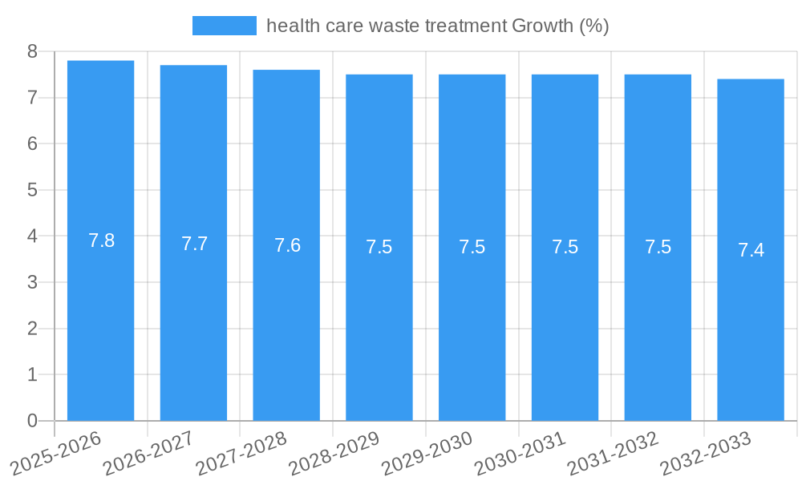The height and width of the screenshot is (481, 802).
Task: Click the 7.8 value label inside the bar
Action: pyautogui.click(x=101, y=240)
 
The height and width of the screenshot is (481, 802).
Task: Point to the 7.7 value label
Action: pyautogui.click(x=194, y=244)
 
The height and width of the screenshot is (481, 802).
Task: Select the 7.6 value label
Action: pyautogui.click(x=287, y=245)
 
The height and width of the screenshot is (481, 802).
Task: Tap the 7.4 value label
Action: pyautogui.click(x=751, y=250)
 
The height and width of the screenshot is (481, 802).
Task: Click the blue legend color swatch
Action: pyautogui.click(x=224, y=26)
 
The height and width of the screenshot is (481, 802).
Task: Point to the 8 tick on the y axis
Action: pyautogui.click(x=32, y=51)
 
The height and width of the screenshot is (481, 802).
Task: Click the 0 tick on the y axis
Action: pyautogui.click(x=32, y=421)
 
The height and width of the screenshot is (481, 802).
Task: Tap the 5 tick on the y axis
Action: pyautogui.click(x=32, y=190)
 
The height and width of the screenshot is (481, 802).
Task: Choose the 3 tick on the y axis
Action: pyautogui.click(x=32, y=282)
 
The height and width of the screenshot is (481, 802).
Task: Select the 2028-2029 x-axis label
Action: pyautogui.click(x=334, y=453)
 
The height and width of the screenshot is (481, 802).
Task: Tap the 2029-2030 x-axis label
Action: pyautogui.click(x=427, y=453)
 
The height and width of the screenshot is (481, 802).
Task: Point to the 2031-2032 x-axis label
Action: pyautogui.click(x=614, y=453)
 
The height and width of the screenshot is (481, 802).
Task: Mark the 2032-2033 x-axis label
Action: pyautogui.click(x=706, y=453)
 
